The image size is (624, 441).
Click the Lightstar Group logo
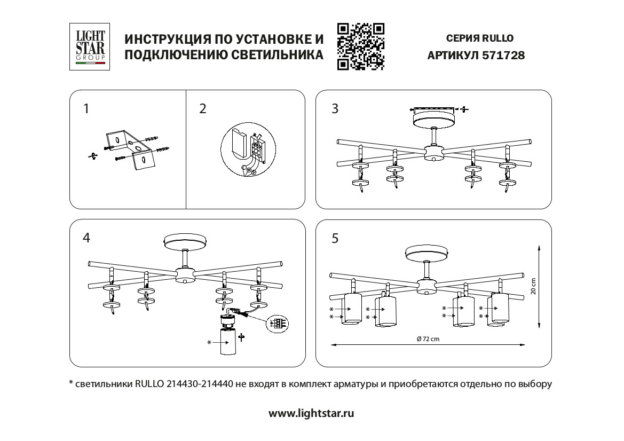(x=90, y=46)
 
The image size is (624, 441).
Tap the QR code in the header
(x=361, y=47)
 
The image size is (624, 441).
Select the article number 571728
(x=503, y=55)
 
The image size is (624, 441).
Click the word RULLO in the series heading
(x=497, y=38)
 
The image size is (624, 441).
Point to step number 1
(x=86, y=109)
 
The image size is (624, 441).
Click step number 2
(x=202, y=109)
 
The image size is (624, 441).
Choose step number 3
(x=335, y=109)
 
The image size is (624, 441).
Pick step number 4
(x=86, y=238)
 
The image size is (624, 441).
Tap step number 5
(x=335, y=238)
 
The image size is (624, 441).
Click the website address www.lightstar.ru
(x=311, y=413)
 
